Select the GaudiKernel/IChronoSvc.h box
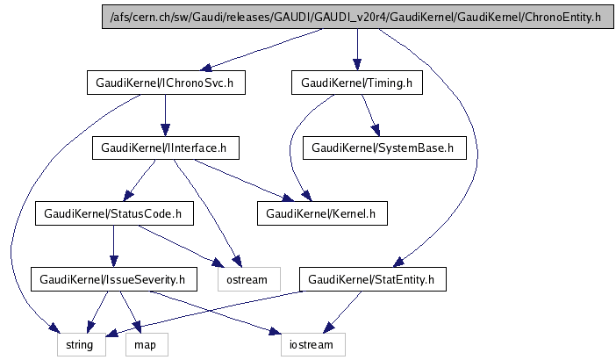tap(166, 83)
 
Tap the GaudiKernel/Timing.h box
tap(356, 83)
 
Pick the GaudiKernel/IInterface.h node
tap(166, 148)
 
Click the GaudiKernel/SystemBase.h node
tap(383, 148)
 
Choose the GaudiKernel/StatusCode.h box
tap(112, 213)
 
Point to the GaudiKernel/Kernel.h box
tap(321, 213)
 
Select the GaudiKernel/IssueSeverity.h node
tap(112, 279)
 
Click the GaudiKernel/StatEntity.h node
tap(374, 279)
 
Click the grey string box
tap(82, 345)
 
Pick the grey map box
tap(145, 345)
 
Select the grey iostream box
tap(313, 345)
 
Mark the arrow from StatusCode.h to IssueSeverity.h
tap(112, 246)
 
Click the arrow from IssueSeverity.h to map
tap(128, 312)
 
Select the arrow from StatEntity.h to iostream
tap(343, 313)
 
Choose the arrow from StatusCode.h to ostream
tap(180, 246)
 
